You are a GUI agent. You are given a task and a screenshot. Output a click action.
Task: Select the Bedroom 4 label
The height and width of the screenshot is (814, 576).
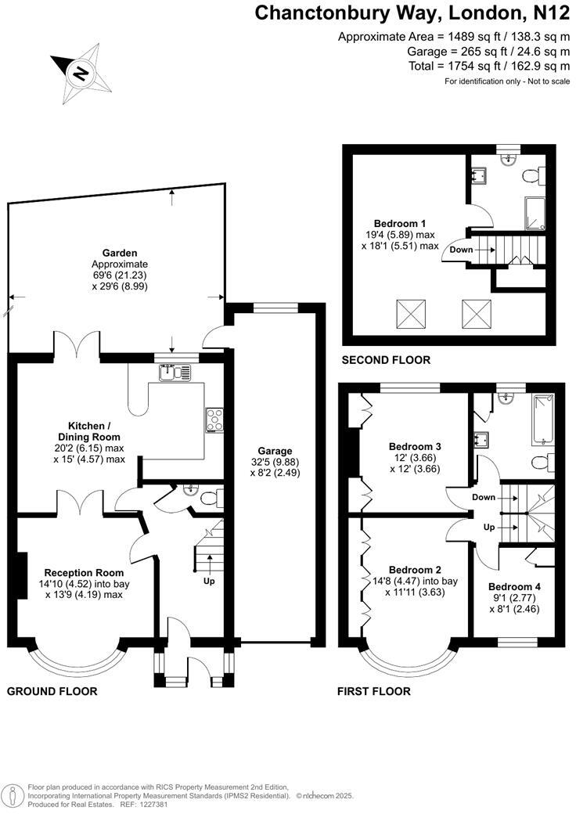point(514,586)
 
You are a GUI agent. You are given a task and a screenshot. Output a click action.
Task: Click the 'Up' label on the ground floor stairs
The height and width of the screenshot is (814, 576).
point(209,582)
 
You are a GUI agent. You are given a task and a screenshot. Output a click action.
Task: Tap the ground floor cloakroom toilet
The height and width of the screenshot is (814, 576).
point(209,498)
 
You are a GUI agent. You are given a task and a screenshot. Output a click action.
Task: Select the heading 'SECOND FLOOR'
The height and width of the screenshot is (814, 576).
point(386,360)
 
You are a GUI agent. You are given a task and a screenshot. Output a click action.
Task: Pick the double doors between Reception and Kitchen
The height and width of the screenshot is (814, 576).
point(80,502)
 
